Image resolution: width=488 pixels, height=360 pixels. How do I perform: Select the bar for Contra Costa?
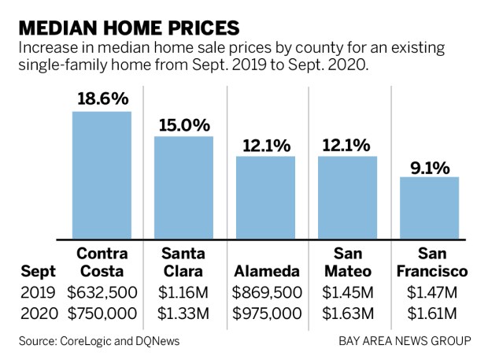102,174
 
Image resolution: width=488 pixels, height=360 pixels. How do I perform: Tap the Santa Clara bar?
183,187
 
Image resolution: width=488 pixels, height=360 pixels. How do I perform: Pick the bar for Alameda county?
265,197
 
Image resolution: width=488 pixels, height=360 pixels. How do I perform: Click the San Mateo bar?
347,197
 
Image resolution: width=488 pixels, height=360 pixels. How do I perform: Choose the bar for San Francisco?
429,207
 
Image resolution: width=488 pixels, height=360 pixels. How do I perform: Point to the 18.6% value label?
102,99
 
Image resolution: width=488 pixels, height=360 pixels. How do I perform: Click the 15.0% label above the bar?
183,124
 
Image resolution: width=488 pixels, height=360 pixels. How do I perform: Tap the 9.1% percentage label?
429,166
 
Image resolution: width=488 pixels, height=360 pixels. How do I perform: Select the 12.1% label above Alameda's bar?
265,145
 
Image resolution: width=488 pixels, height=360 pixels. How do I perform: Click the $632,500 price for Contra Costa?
102,292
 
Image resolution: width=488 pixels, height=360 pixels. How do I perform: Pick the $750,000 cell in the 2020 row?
102,313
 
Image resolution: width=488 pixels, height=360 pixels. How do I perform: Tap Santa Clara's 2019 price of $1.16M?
184,292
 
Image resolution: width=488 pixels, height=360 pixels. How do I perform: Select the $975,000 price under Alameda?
265,313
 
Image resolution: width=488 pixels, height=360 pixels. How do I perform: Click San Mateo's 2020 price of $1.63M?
347,313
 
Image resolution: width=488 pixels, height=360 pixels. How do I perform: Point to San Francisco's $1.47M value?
429,292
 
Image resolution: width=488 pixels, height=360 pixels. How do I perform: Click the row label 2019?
37,292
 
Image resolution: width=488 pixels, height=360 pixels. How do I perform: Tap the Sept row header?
38,272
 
